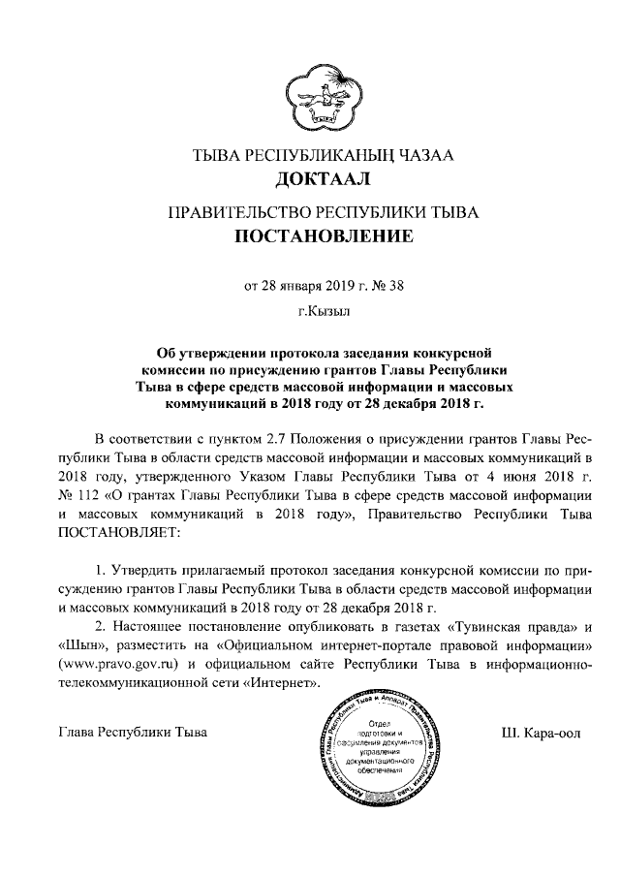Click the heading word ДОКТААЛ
click(x=309, y=179)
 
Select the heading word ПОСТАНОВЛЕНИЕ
click(x=309, y=235)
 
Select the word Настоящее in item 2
click(x=150, y=623)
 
